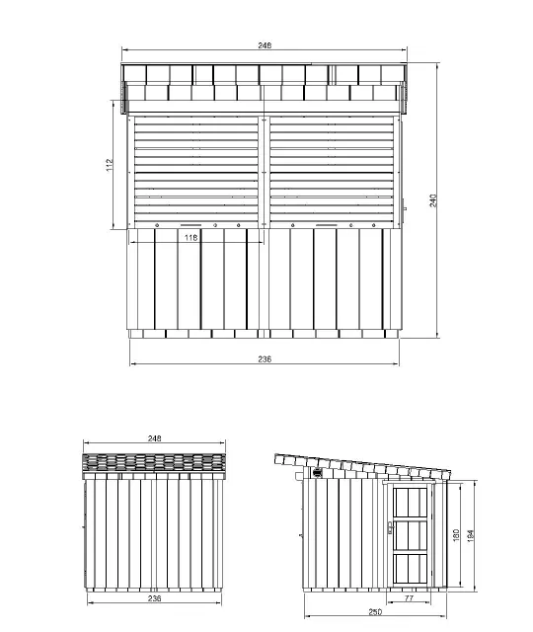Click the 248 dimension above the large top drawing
click(x=265, y=45)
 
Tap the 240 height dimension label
click(x=432, y=200)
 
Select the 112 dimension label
click(x=110, y=165)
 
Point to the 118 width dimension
click(x=190, y=237)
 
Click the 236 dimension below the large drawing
click(x=265, y=358)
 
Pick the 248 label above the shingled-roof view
click(x=154, y=438)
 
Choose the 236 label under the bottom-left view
click(x=154, y=598)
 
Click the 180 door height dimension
click(x=456, y=535)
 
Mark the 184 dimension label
click(x=471, y=535)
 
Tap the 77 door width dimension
click(x=409, y=598)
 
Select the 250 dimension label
click(x=375, y=612)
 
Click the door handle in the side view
click(x=390, y=527)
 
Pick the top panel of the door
click(x=411, y=502)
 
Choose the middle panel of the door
click(x=411, y=535)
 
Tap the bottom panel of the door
click(x=411, y=569)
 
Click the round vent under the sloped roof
click(x=318, y=472)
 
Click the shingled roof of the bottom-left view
click(x=154, y=463)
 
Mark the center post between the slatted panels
click(x=264, y=172)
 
